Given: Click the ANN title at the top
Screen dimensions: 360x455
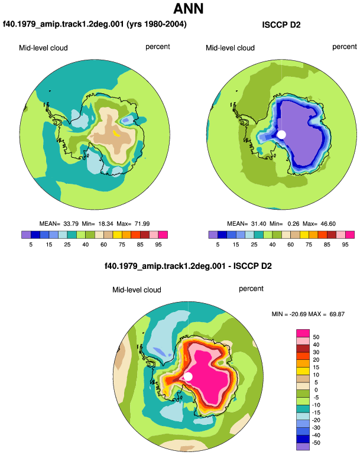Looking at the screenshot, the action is click(x=188, y=9).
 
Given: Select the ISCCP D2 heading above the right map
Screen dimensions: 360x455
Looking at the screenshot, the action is click(x=281, y=25).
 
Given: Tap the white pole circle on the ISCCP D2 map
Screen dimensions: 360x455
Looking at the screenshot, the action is click(x=281, y=134).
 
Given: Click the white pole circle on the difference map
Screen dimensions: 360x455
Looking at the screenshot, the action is click(x=188, y=376).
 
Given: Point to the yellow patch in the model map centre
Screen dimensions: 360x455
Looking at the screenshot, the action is click(x=116, y=133).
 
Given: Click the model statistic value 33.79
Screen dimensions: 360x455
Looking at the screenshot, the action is click(x=71, y=224).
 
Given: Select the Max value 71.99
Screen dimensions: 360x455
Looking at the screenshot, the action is click(x=142, y=224).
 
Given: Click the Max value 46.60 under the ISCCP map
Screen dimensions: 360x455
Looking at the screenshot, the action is click(x=328, y=224).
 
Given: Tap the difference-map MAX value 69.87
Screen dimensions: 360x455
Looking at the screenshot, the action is click(x=337, y=314).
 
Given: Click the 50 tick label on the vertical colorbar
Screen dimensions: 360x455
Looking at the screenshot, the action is click(x=316, y=337).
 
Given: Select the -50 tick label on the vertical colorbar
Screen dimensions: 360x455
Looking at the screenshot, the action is click(x=316, y=443).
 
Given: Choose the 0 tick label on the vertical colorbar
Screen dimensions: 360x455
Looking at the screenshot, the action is click(x=316, y=390).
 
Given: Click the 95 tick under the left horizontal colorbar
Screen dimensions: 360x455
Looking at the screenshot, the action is click(x=158, y=245).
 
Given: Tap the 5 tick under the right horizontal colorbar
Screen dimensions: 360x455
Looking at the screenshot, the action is click(x=218, y=245).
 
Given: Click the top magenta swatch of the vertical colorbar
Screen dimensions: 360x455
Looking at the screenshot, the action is click(x=303, y=333).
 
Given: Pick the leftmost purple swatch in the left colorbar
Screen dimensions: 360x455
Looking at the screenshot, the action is click(x=26, y=235).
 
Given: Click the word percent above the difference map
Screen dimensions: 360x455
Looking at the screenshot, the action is click(x=251, y=289).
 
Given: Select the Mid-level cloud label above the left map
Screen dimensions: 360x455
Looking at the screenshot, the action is click(x=43, y=48).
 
